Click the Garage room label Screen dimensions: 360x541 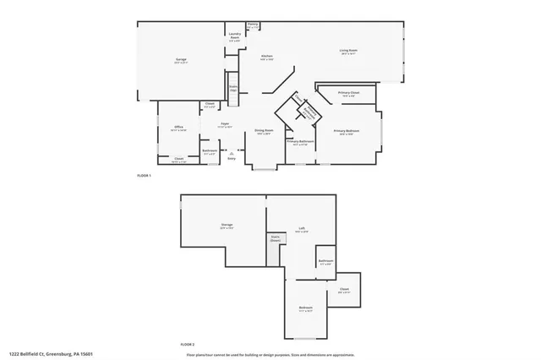tap(181, 59)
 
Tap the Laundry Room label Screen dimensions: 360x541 tap(235, 35)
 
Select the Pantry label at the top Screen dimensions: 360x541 tap(253, 25)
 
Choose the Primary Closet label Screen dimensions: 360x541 tap(348, 93)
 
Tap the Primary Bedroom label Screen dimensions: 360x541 tap(347, 131)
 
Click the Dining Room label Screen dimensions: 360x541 tap(264, 131)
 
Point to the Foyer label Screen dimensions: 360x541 tap(225, 124)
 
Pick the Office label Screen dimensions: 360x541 tap(178, 129)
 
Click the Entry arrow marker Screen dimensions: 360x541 tap(231, 154)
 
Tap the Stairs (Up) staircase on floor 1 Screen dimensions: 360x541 tap(233, 87)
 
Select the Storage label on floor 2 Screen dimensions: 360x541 tap(227, 225)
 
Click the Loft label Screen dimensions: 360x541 tap(302, 228)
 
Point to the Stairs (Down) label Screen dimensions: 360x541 tap(275, 238)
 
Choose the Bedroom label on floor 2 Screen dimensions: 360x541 tap(305, 308)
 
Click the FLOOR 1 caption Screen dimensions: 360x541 tap(143, 176)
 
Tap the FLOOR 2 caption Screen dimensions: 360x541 tap(187, 345)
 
